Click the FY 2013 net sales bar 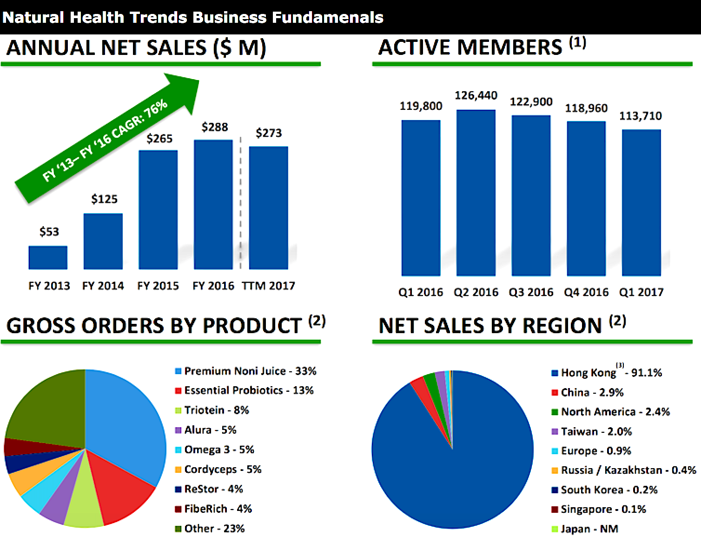(48, 257)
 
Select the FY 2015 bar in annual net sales (158, 209)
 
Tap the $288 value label (214, 127)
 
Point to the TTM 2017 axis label (268, 286)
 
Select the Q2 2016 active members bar (476, 193)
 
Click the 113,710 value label (640, 116)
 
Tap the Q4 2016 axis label (586, 292)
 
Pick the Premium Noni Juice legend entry (245, 371)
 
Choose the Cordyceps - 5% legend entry (218, 469)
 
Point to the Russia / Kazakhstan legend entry (623, 470)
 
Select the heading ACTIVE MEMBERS (470, 47)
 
